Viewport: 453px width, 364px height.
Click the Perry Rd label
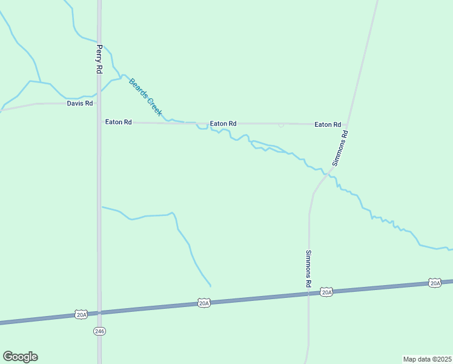pyautogui.click(x=99, y=59)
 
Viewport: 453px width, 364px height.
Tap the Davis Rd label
pyautogui.click(x=80, y=104)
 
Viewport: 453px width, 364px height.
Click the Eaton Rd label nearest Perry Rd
pyautogui.click(x=118, y=122)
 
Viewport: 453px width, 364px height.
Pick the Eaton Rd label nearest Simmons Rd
pyautogui.click(x=327, y=124)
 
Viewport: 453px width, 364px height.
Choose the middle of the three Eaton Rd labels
pyautogui.click(x=223, y=124)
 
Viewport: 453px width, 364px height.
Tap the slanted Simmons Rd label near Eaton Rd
pyautogui.click(x=340, y=149)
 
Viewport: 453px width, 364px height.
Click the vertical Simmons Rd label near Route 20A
pyautogui.click(x=308, y=269)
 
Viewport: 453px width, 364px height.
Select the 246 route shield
pyautogui.click(x=100, y=331)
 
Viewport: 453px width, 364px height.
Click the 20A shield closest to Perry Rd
pyautogui.click(x=82, y=314)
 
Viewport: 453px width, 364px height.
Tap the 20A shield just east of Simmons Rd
pyautogui.click(x=326, y=292)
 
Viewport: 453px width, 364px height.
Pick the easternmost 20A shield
pyautogui.click(x=435, y=283)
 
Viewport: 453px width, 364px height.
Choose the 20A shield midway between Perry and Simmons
pyautogui.click(x=204, y=303)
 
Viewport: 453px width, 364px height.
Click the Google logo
pyautogui.click(x=20, y=357)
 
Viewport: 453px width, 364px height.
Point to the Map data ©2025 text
pyautogui.click(x=427, y=359)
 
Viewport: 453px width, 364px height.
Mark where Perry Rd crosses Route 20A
pyautogui.click(x=99, y=312)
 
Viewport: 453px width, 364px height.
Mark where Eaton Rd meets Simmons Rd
pyautogui.click(x=348, y=124)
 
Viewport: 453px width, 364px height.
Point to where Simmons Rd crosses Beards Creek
pyautogui.click(x=326, y=175)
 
